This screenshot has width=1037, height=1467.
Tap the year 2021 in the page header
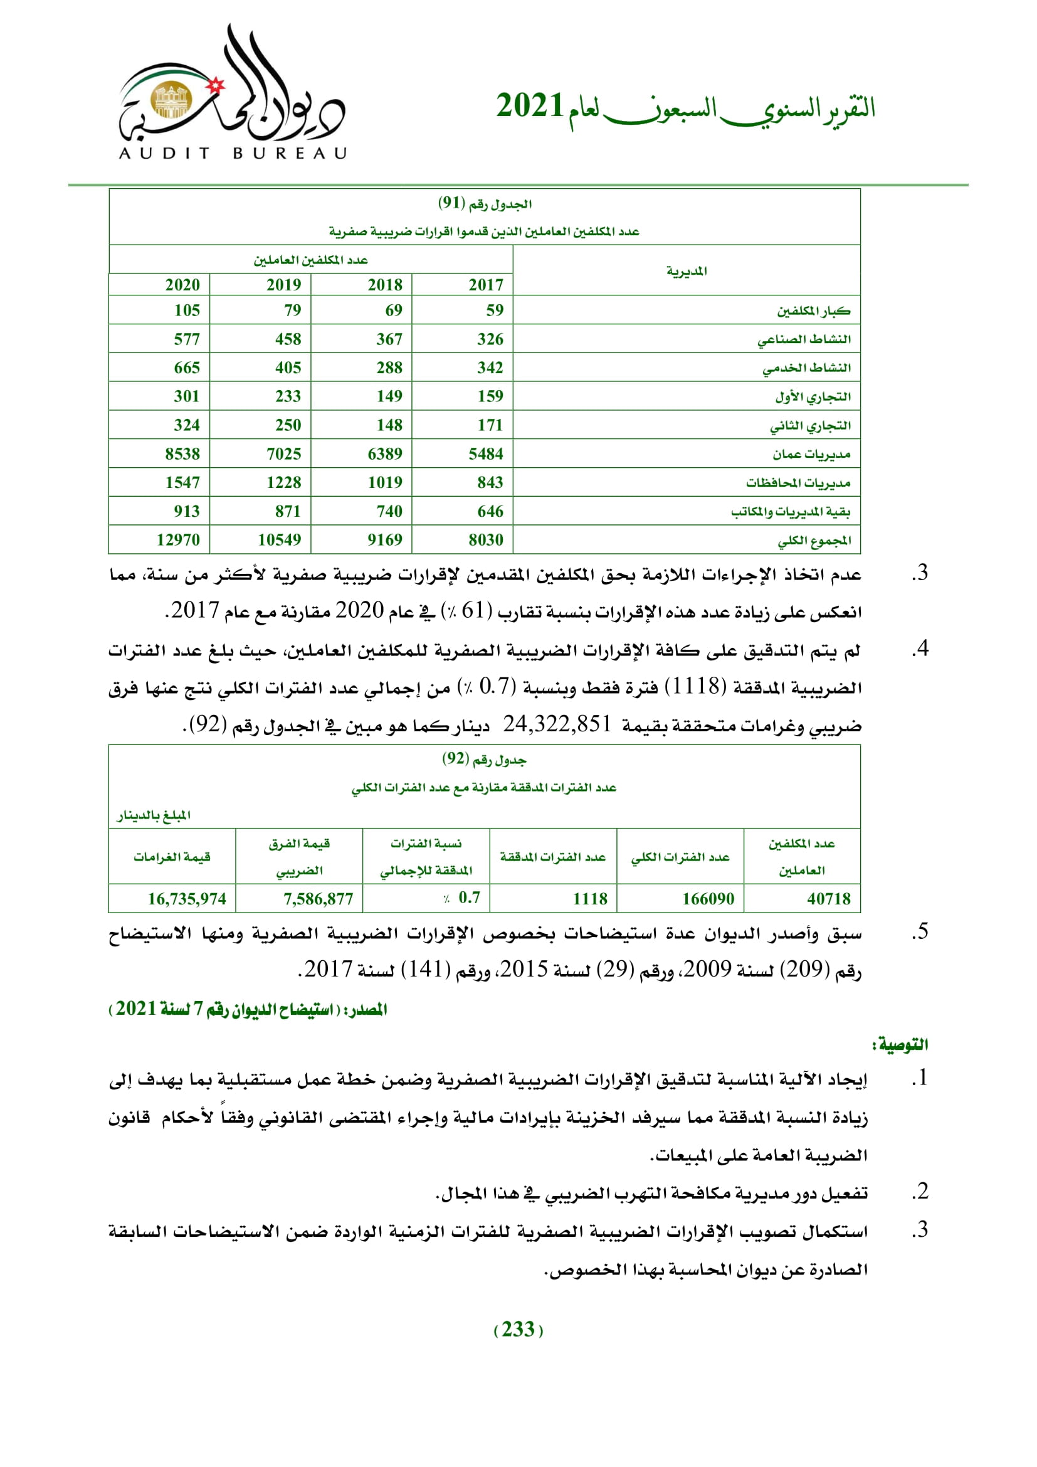coord(529,106)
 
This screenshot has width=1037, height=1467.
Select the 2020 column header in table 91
coord(182,285)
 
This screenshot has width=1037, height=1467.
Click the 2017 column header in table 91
coord(486,285)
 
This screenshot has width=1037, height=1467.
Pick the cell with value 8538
coord(182,453)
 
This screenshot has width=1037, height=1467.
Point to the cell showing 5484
coord(486,453)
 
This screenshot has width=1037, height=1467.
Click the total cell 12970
coord(178,540)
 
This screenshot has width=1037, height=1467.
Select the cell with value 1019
coord(385,482)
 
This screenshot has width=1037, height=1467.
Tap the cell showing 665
coord(187,368)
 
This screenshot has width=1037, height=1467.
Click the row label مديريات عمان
coord(811,454)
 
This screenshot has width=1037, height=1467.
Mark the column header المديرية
coord(687,272)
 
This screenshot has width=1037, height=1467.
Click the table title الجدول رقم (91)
coord(485,204)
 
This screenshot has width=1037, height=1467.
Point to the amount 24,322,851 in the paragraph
coord(557,724)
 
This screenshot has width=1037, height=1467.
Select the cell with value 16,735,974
coord(187,899)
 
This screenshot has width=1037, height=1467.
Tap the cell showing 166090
coord(708,899)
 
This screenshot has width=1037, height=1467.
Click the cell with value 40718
coord(829,899)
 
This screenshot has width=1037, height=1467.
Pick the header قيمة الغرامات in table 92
coord(172,857)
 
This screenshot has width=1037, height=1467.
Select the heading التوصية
coord(900,1045)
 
